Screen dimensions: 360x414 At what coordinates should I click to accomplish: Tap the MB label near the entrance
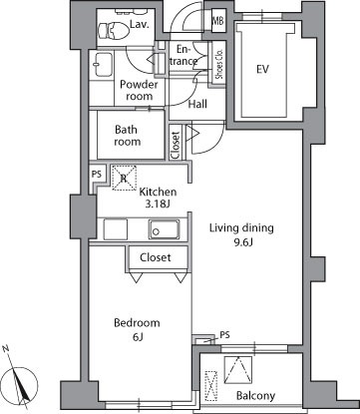click(x=218, y=21)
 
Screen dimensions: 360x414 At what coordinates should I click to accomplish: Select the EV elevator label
click(x=262, y=69)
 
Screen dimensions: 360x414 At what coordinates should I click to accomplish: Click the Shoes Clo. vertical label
click(x=219, y=64)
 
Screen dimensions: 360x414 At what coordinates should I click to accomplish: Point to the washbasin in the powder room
click(x=102, y=65)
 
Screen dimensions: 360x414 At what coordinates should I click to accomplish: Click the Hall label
click(x=197, y=104)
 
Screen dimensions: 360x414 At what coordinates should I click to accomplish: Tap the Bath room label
click(x=127, y=136)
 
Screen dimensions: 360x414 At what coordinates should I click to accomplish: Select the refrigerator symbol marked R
click(x=124, y=179)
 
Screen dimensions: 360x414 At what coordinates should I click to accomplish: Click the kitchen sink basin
click(x=164, y=229)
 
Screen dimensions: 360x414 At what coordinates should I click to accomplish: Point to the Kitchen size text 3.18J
click(x=158, y=204)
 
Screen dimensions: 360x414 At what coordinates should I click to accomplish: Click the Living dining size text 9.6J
click(x=242, y=242)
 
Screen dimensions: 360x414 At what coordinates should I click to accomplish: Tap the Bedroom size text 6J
click(x=137, y=337)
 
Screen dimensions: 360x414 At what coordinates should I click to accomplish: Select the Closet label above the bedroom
click(x=156, y=257)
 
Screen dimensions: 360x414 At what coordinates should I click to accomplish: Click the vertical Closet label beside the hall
click(x=176, y=145)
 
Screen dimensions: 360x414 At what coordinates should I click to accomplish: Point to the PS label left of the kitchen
click(x=97, y=175)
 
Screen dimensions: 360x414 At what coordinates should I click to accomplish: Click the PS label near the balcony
click(x=224, y=335)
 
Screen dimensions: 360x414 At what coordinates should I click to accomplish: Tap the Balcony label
click(x=255, y=396)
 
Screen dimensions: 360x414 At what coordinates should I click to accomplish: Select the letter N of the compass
click(x=6, y=348)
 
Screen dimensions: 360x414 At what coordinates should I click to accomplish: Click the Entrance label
click(x=183, y=55)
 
